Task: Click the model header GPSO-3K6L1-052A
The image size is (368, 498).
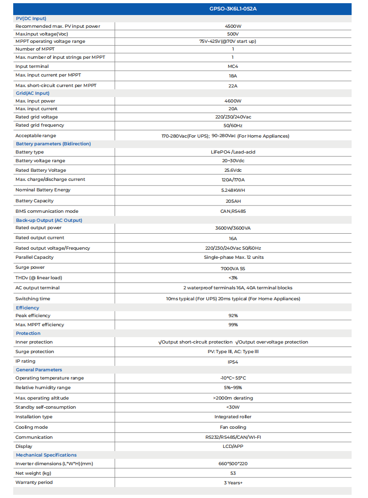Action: [233, 9]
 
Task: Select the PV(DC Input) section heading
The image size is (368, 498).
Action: [31, 18]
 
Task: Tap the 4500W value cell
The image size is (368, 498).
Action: [233, 26]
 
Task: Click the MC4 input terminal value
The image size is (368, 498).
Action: [233, 67]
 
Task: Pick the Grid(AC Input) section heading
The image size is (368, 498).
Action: [32, 93]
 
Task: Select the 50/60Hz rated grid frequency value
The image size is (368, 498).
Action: [233, 125]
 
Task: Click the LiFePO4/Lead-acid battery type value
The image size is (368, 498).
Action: [233, 152]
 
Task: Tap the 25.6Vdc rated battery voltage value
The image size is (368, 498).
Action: [233, 170]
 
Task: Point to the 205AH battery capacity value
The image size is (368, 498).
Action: [233, 201]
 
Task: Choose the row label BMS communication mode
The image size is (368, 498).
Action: [47, 211]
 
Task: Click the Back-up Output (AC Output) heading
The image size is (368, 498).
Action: [49, 220]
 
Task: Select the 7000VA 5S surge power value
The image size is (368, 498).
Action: [233, 268]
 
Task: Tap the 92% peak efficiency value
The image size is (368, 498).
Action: [233, 316]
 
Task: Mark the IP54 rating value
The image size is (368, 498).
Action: [233, 362]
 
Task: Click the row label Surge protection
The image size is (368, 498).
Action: [35, 352]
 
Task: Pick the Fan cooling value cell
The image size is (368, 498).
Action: [233, 427]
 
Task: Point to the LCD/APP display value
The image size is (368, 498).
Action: [233, 447]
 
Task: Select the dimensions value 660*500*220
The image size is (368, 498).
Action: [233, 464]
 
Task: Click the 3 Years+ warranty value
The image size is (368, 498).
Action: [233, 483]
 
